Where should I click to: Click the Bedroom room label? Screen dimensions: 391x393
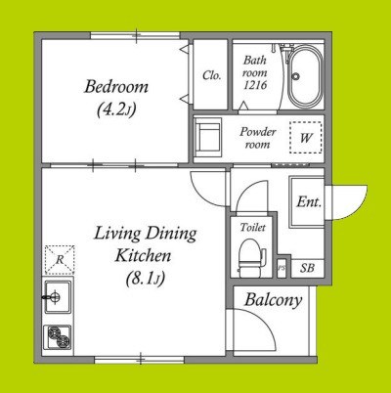[116, 87]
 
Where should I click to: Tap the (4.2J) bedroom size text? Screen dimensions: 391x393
[116, 109]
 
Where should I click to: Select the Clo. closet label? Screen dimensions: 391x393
[211, 75]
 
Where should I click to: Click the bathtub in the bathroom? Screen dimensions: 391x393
[305, 77]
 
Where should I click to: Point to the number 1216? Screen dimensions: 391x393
[255, 85]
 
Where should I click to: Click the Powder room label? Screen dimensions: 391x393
[258, 138]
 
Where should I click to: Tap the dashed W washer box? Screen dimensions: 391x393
[306, 138]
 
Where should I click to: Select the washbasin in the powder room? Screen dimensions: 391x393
[208, 135]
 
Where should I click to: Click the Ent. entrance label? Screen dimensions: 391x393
[309, 202]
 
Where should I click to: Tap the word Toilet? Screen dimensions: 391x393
[253, 227]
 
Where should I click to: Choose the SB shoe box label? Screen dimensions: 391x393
[307, 268]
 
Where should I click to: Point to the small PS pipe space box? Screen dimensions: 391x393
[282, 268]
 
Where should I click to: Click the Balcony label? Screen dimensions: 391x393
[273, 300]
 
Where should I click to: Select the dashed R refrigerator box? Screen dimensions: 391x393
[60, 260]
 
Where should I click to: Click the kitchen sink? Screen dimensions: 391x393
[58, 297]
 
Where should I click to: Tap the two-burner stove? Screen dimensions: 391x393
[59, 337]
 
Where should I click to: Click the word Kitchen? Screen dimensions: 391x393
[143, 256]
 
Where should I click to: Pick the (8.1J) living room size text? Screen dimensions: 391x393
[146, 279]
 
